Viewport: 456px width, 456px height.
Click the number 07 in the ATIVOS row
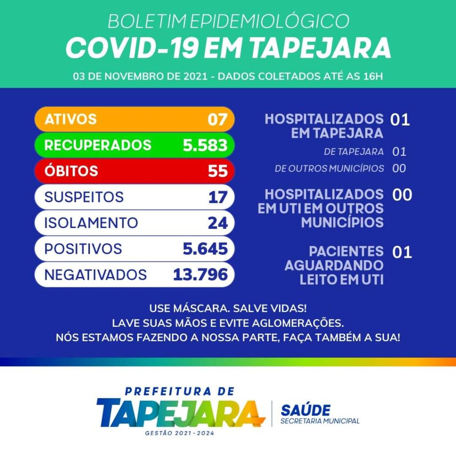[x=218, y=119]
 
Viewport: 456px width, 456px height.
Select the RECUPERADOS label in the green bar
[x=98, y=145]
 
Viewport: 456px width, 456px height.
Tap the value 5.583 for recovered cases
[x=205, y=145]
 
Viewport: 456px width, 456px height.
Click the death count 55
[x=218, y=171]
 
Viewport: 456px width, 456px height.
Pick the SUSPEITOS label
[x=84, y=197]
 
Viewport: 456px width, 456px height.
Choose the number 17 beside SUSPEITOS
[x=218, y=197]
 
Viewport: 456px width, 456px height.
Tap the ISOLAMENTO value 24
[x=218, y=223]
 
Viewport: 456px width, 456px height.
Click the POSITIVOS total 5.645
[x=205, y=248]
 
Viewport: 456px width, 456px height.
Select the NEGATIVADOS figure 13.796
[x=200, y=274]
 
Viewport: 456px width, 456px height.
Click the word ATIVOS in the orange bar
[x=70, y=119]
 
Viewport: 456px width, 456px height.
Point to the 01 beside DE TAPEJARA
[x=399, y=152]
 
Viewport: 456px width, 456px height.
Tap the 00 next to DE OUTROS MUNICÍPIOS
[x=399, y=169]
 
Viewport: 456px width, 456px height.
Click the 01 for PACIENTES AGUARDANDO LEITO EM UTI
[x=402, y=252]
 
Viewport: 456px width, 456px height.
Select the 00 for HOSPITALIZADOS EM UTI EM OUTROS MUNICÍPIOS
[x=402, y=195]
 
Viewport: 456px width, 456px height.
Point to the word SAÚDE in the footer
[x=305, y=410]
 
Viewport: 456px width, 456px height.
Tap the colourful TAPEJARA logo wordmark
[x=178, y=413]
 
